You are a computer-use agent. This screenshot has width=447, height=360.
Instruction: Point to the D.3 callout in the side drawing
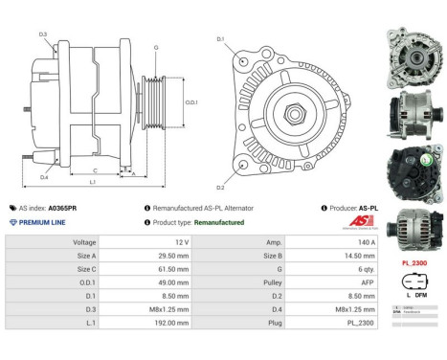click(x=43, y=34)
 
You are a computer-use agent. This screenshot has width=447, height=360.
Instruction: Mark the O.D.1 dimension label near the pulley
click(x=190, y=101)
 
